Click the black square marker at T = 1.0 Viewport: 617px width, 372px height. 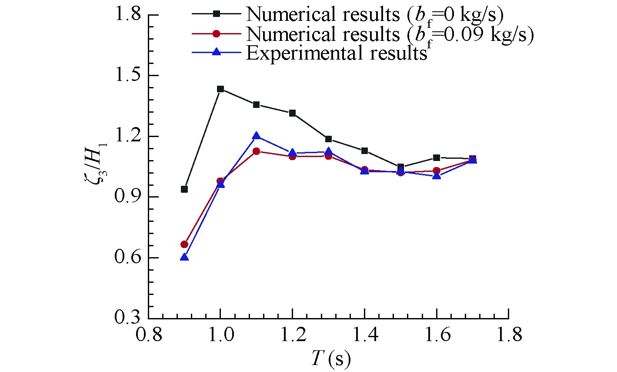(220, 89)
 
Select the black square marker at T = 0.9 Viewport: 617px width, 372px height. (184, 189)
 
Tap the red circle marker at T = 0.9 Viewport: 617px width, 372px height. (184, 245)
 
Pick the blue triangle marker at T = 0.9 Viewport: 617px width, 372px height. (184, 257)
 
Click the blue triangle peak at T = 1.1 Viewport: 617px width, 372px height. (257, 136)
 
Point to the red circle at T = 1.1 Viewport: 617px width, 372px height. (257, 151)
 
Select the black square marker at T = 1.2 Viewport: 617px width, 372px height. (293, 113)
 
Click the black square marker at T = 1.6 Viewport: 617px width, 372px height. (437, 158)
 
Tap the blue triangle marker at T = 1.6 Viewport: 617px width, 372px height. (437, 176)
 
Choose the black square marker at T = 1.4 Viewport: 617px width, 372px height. (365, 151)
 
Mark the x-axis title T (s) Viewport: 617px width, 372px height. (330, 359)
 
